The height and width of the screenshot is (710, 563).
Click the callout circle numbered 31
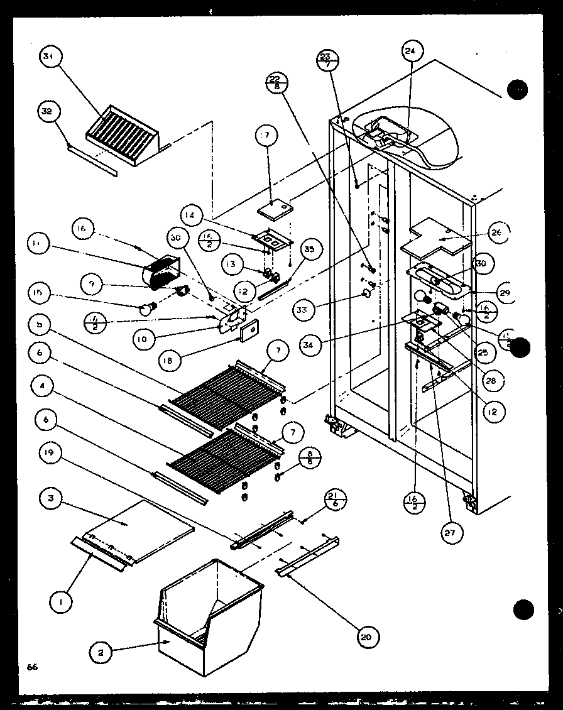tap(48, 57)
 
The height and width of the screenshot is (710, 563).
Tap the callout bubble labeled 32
tap(47, 111)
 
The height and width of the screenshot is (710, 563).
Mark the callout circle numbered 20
tap(365, 636)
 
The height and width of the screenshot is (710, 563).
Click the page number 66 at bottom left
tap(33, 667)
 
